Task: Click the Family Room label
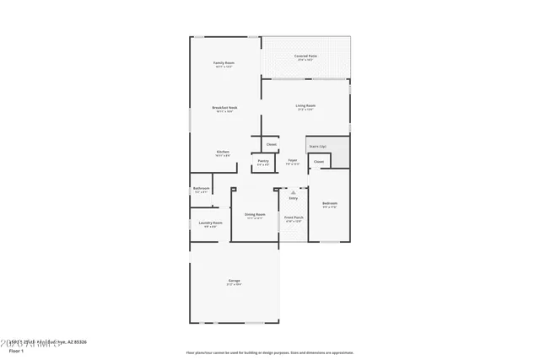[x=223, y=64]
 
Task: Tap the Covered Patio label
[x=305, y=56]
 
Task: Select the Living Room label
[x=305, y=106]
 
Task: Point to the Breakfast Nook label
[x=224, y=108]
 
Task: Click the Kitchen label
[x=223, y=153]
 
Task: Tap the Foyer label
[x=293, y=160]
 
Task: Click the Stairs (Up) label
[x=316, y=147]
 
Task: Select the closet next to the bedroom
[x=318, y=162]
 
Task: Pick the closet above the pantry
[x=271, y=144]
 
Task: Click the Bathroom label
[x=201, y=189]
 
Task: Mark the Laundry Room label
[x=211, y=223]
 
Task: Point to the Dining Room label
[x=255, y=214]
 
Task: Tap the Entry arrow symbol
[x=293, y=193]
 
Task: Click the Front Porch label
[x=293, y=217]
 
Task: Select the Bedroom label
[x=329, y=204]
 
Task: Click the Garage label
[x=234, y=282]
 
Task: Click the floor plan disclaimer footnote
[x=269, y=352]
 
